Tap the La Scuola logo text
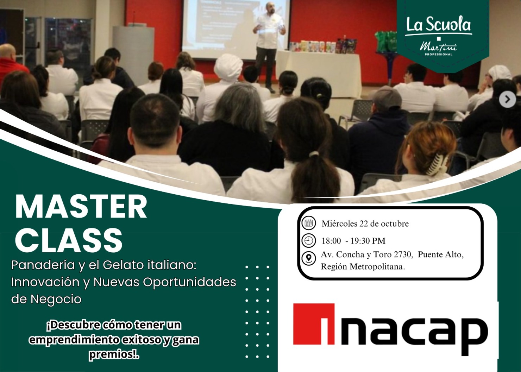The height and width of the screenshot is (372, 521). click(x=438, y=24)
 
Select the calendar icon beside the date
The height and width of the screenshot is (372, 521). click(x=309, y=223)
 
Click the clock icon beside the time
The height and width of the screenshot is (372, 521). click(x=309, y=241)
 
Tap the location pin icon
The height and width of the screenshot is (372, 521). click(x=309, y=258)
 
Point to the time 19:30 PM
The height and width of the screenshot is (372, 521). click(x=368, y=241)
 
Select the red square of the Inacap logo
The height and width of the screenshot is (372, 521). click(x=314, y=324)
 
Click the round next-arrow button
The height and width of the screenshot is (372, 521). click(x=508, y=100)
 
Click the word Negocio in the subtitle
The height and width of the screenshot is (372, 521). click(x=56, y=299)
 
